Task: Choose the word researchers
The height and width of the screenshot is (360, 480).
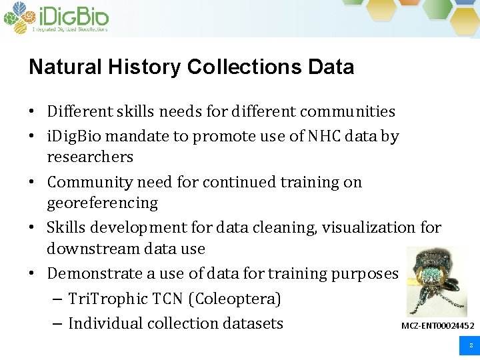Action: click(90, 157)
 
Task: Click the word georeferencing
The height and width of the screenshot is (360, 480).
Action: click(102, 203)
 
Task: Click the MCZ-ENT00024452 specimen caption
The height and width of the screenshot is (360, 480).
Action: click(437, 326)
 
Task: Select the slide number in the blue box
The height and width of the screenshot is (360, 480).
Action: click(470, 346)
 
